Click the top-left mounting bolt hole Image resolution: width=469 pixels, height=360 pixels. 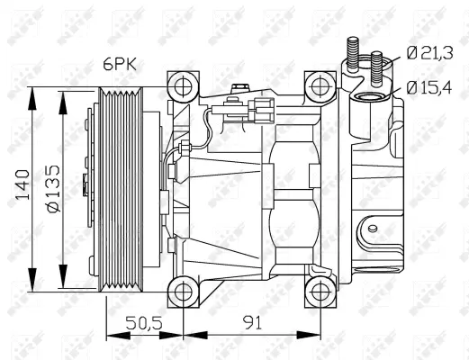[183, 86]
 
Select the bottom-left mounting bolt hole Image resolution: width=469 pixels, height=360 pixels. [183, 291]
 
